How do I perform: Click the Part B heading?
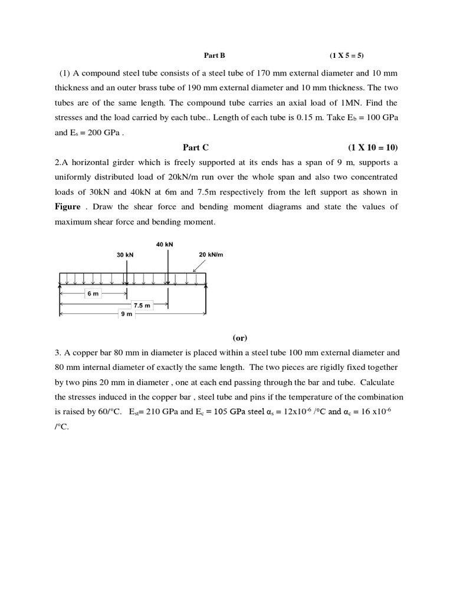pos(214,55)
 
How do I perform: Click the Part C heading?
pos(196,147)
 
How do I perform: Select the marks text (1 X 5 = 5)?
pos(347,55)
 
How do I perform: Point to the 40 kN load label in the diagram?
pos(165,244)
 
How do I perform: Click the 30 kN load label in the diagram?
pos(125,255)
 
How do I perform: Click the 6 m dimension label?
pos(93,294)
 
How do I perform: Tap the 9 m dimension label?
pos(127,314)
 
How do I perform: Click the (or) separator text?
pos(239,338)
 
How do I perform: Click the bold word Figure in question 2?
pos(67,206)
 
